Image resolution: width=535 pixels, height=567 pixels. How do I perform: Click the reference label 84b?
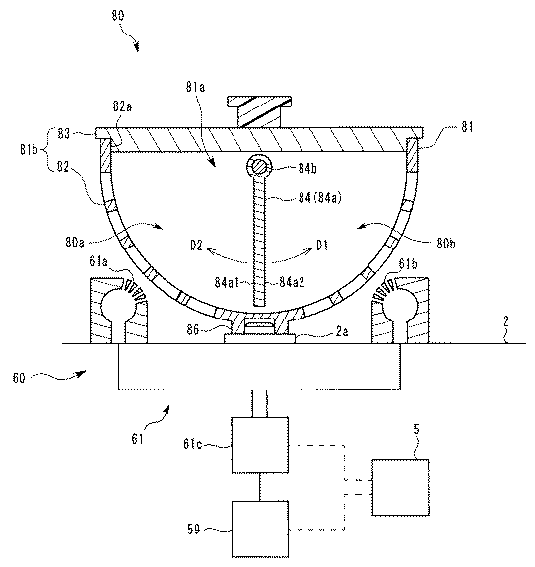coord(307,169)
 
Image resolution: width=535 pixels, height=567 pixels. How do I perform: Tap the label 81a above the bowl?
coord(195,87)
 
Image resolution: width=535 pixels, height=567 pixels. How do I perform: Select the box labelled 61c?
coord(260,445)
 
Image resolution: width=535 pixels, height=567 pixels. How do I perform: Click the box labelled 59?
coord(260,529)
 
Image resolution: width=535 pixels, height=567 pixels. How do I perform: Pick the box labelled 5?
coord(401,487)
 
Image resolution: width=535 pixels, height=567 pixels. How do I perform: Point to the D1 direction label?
coord(322,246)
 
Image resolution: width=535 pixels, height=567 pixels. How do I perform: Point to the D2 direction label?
coord(197,247)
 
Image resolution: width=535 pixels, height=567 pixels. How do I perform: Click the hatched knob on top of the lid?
coord(259,111)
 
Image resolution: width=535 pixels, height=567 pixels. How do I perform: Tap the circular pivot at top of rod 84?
coord(259,167)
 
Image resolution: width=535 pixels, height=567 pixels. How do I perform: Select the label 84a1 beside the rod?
coord(227,282)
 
